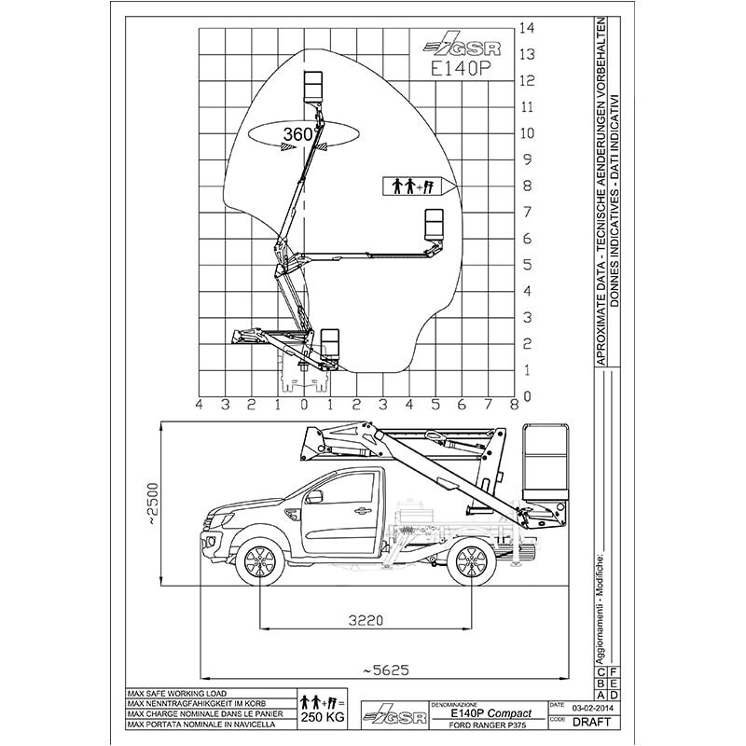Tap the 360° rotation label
[297, 134]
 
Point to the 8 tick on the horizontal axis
[515, 404]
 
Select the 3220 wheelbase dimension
[367, 617]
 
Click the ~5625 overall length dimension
[381, 669]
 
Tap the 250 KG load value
[320, 718]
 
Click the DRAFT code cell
[594, 721]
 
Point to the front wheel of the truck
[258, 563]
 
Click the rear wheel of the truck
[472, 563]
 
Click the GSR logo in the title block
[393, 715]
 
